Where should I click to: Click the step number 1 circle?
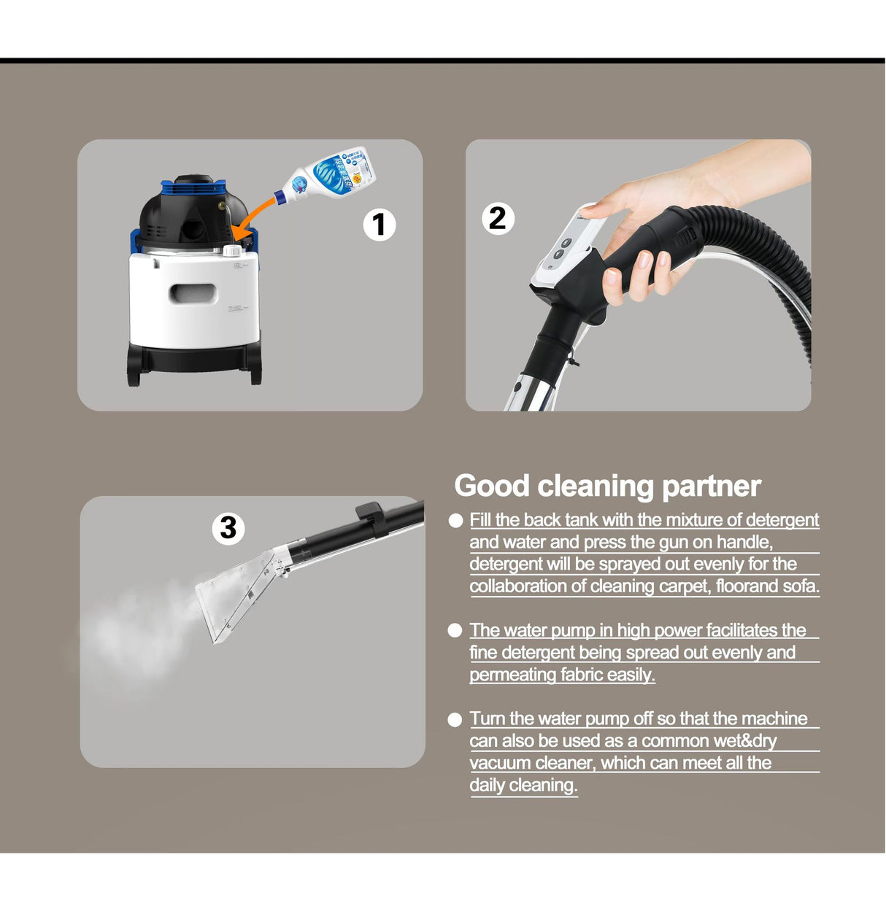(x=379, y=225)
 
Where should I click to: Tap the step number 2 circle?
(x=498, y=219)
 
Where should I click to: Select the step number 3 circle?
(x=228, y=529)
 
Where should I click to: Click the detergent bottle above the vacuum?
(x=325, y=176)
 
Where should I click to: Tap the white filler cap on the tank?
(x=232, y=250)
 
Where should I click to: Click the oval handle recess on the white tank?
(x=193, y=293)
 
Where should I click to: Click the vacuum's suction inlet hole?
(x=193, y=230)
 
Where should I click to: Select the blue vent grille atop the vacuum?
(x=193, y=189)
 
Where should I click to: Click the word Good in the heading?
(x=491, y=486)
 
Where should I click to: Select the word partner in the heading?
(x=712, y=488)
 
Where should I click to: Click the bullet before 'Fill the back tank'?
(x=455, y=521)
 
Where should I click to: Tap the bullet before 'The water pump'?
(x=455, y=631)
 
